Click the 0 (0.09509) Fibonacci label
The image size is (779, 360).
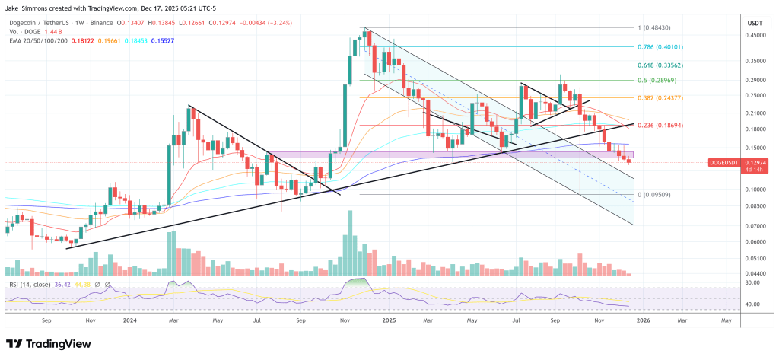(656, 195)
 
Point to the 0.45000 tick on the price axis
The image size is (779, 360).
(755, 34)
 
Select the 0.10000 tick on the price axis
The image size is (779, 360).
(755, 190)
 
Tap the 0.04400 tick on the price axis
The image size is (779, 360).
(755, 273)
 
